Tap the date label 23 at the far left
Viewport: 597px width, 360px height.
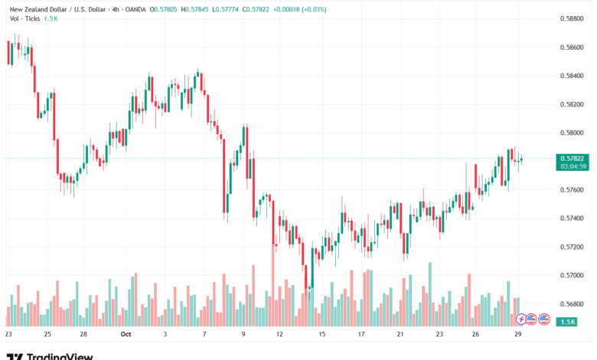8,334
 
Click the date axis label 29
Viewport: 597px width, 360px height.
519,334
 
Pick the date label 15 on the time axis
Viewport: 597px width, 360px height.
322,334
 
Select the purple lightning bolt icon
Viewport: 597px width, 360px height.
522,319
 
